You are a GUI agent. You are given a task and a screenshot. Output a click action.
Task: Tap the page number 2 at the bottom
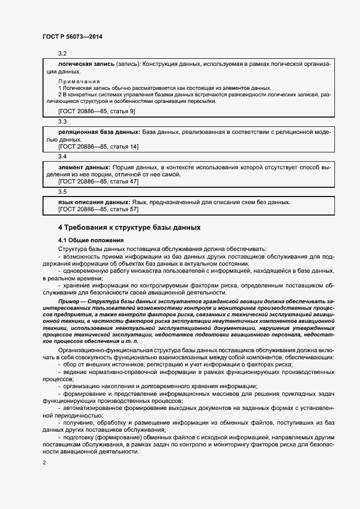43,463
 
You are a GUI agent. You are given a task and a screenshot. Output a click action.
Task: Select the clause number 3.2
62,53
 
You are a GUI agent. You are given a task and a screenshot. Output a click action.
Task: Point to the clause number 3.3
62,121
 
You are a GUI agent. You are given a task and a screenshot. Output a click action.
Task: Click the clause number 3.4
62,157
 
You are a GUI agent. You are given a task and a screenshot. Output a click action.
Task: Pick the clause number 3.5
62,192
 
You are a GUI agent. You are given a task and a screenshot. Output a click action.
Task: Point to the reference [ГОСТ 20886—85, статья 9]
96,111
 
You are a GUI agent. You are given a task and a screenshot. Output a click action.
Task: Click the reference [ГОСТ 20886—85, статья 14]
98,146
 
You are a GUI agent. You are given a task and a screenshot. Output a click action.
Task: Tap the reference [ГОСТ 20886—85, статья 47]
98,181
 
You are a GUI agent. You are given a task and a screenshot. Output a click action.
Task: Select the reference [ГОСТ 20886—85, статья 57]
98,210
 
